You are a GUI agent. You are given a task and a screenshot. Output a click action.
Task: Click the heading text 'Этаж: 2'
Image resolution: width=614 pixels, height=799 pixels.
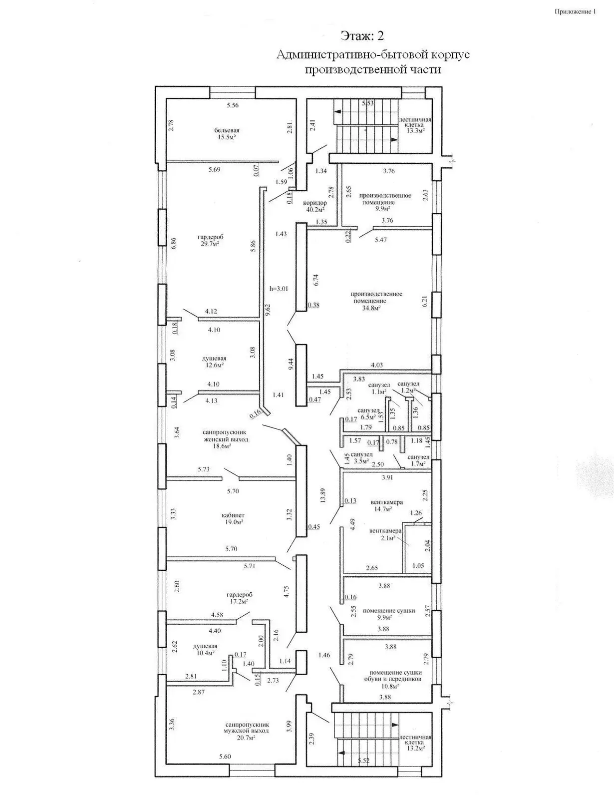[362, 36]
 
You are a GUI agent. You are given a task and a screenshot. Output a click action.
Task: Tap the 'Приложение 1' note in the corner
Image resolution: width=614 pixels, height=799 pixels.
[575, 11]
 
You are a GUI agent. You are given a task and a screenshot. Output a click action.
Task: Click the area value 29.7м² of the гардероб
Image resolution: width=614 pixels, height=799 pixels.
[209, 244]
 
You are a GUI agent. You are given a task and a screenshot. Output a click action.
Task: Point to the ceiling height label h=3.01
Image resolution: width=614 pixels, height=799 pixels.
[279, 288]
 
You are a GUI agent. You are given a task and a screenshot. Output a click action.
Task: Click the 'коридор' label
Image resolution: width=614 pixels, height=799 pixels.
[315, 203]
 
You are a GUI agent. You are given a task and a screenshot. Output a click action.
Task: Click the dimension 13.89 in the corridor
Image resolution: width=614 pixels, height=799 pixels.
[323, 495]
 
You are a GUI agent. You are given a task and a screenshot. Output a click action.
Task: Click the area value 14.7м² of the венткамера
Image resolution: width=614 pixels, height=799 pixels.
[382, 509]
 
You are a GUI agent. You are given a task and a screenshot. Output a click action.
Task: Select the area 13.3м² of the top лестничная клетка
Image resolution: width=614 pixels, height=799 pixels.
[414, 130]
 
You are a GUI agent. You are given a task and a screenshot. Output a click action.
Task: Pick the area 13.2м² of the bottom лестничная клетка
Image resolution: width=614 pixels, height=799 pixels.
[415, 749]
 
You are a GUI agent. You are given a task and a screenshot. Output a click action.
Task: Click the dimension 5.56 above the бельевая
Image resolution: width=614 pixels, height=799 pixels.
[233, 105]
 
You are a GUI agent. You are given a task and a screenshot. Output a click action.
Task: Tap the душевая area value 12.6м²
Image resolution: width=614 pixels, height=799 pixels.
[214, 365]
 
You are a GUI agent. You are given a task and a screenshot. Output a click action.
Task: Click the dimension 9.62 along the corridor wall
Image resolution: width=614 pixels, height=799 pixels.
[268, 310]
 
